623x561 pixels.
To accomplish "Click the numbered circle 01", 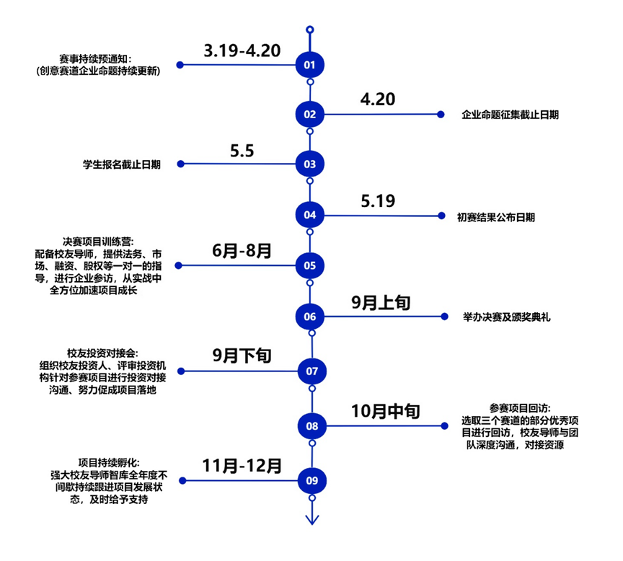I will click(310, 65).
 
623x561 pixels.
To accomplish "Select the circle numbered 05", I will click(310, 265).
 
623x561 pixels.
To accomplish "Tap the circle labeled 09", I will click(311, 480).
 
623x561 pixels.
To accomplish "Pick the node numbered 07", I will click(311, 371).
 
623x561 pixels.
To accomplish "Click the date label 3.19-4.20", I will click(242, 50).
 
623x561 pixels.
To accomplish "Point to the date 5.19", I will click(378, 201).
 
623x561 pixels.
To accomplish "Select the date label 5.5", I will click(242, 151).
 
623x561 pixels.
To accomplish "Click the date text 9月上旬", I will click(381, 303).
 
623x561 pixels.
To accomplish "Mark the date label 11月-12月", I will click(242, 466).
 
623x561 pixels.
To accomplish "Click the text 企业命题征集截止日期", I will click(511, 115).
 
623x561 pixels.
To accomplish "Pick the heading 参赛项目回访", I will click(511, 407).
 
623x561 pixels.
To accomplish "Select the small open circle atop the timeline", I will click(310, 30).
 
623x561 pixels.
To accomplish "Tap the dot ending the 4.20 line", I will click(441, 114).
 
